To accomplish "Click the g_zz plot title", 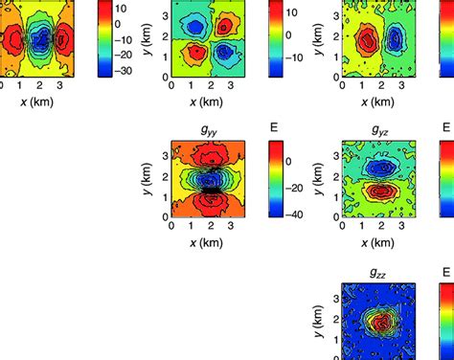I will pos(380,272).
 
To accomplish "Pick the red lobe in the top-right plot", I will pos(367,39).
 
